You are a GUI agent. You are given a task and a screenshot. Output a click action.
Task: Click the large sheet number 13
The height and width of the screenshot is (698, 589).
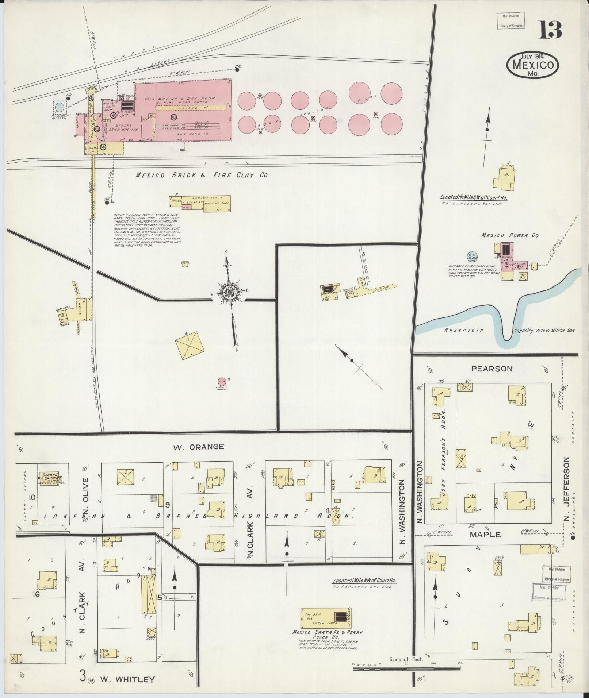pyautogui.click(x=550, y=30)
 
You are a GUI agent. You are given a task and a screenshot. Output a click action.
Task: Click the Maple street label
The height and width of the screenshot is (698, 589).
pyautogui.click(x=490, y=534)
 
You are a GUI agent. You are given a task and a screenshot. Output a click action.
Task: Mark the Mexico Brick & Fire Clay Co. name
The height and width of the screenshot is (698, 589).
pyautogui.click(x=203, y=175)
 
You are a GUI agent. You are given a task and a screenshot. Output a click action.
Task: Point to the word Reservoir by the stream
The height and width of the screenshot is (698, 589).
pyautogui.click(x=464, y=330)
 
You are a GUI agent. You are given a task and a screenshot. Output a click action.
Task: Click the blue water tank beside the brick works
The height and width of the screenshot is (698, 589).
pyautogui.click(x=60, y=107)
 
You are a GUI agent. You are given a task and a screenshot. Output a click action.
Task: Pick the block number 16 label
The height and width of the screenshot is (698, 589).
pyautogui.click(x=35, y=594)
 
